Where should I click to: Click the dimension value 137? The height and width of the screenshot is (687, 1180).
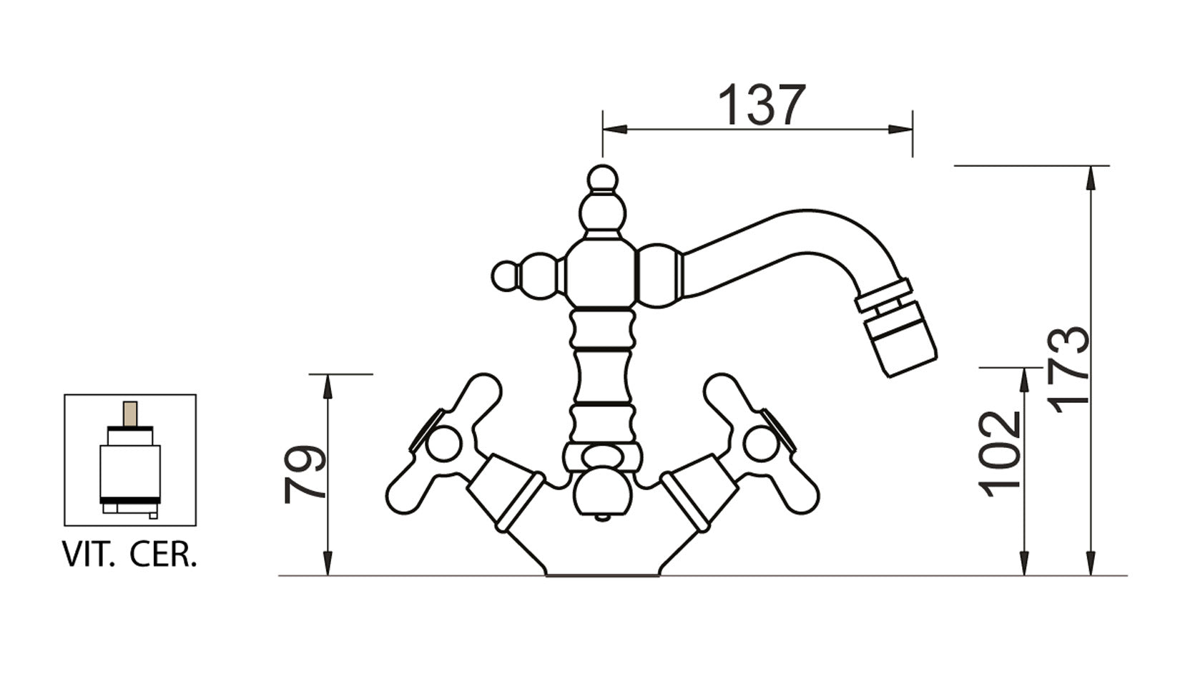point(761,105)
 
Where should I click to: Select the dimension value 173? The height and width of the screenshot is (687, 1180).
point(1070,369)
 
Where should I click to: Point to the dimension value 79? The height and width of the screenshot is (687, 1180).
point(305,474)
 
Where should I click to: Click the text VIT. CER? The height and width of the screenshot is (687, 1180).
point(129,555)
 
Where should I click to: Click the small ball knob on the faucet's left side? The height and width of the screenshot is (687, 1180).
point(506,276)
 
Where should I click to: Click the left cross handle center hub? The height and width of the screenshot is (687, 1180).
point(443,444)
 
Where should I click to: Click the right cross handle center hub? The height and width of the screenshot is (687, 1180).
point(761,444)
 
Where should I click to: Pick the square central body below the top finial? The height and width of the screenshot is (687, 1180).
point(601,274)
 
